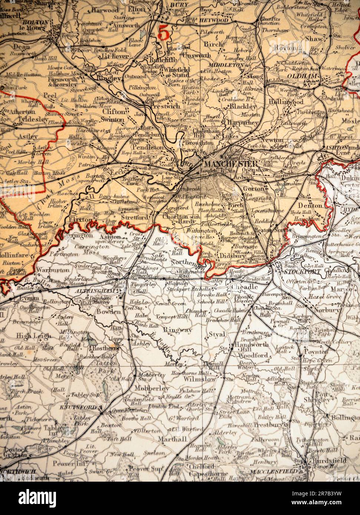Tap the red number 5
pyautogui.click(x=164, y=33)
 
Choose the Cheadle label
pyautogui.click(x=244, y=287)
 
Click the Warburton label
pyautogui.click(x=49, y=270)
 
